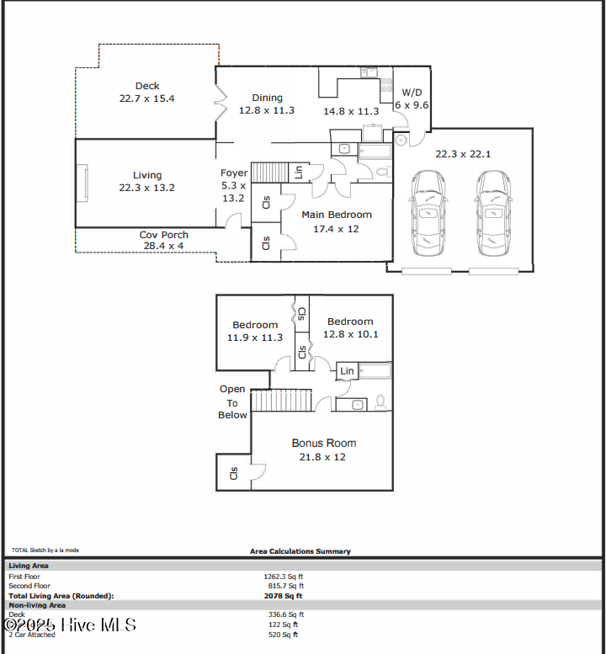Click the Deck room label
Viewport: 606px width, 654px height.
[147, 86]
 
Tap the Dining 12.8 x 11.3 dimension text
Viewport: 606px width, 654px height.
[267, 110]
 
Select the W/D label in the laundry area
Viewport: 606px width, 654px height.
[412, 92]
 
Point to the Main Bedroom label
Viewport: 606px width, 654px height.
[337, 215]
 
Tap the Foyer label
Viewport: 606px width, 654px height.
[234, 173]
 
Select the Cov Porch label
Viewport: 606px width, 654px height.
[163, 235]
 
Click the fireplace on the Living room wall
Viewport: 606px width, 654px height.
[83, 183]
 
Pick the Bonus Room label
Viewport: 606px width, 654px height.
[324, 443]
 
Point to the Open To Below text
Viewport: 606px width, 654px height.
[233, 401]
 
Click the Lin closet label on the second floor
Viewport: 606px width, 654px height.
[347, 370]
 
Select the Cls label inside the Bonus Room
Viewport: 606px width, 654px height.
[233, 472]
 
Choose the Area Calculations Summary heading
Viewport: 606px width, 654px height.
[300, 551]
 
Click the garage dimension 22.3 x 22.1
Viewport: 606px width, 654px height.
[463, 154]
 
